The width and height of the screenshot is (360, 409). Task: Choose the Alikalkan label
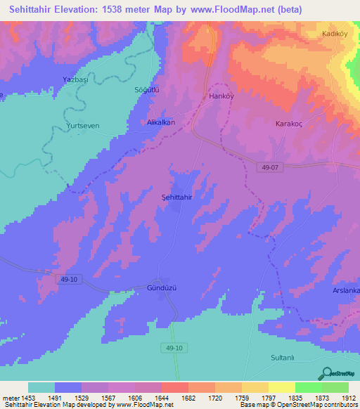160,122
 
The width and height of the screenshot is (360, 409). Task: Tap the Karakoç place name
288,123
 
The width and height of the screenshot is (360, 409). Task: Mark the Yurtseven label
82,127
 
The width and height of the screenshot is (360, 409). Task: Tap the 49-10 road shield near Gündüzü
66,280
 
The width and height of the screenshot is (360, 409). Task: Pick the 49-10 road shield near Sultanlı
175,348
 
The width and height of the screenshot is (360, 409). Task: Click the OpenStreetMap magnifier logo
326,373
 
